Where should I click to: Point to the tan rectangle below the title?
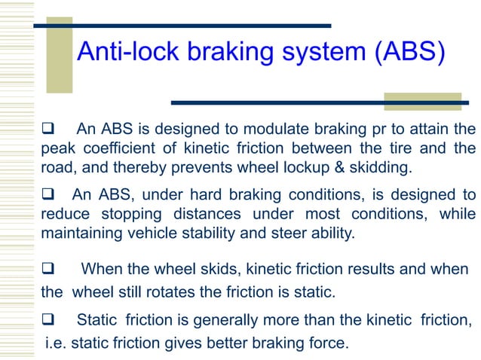[x=422, y=102]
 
